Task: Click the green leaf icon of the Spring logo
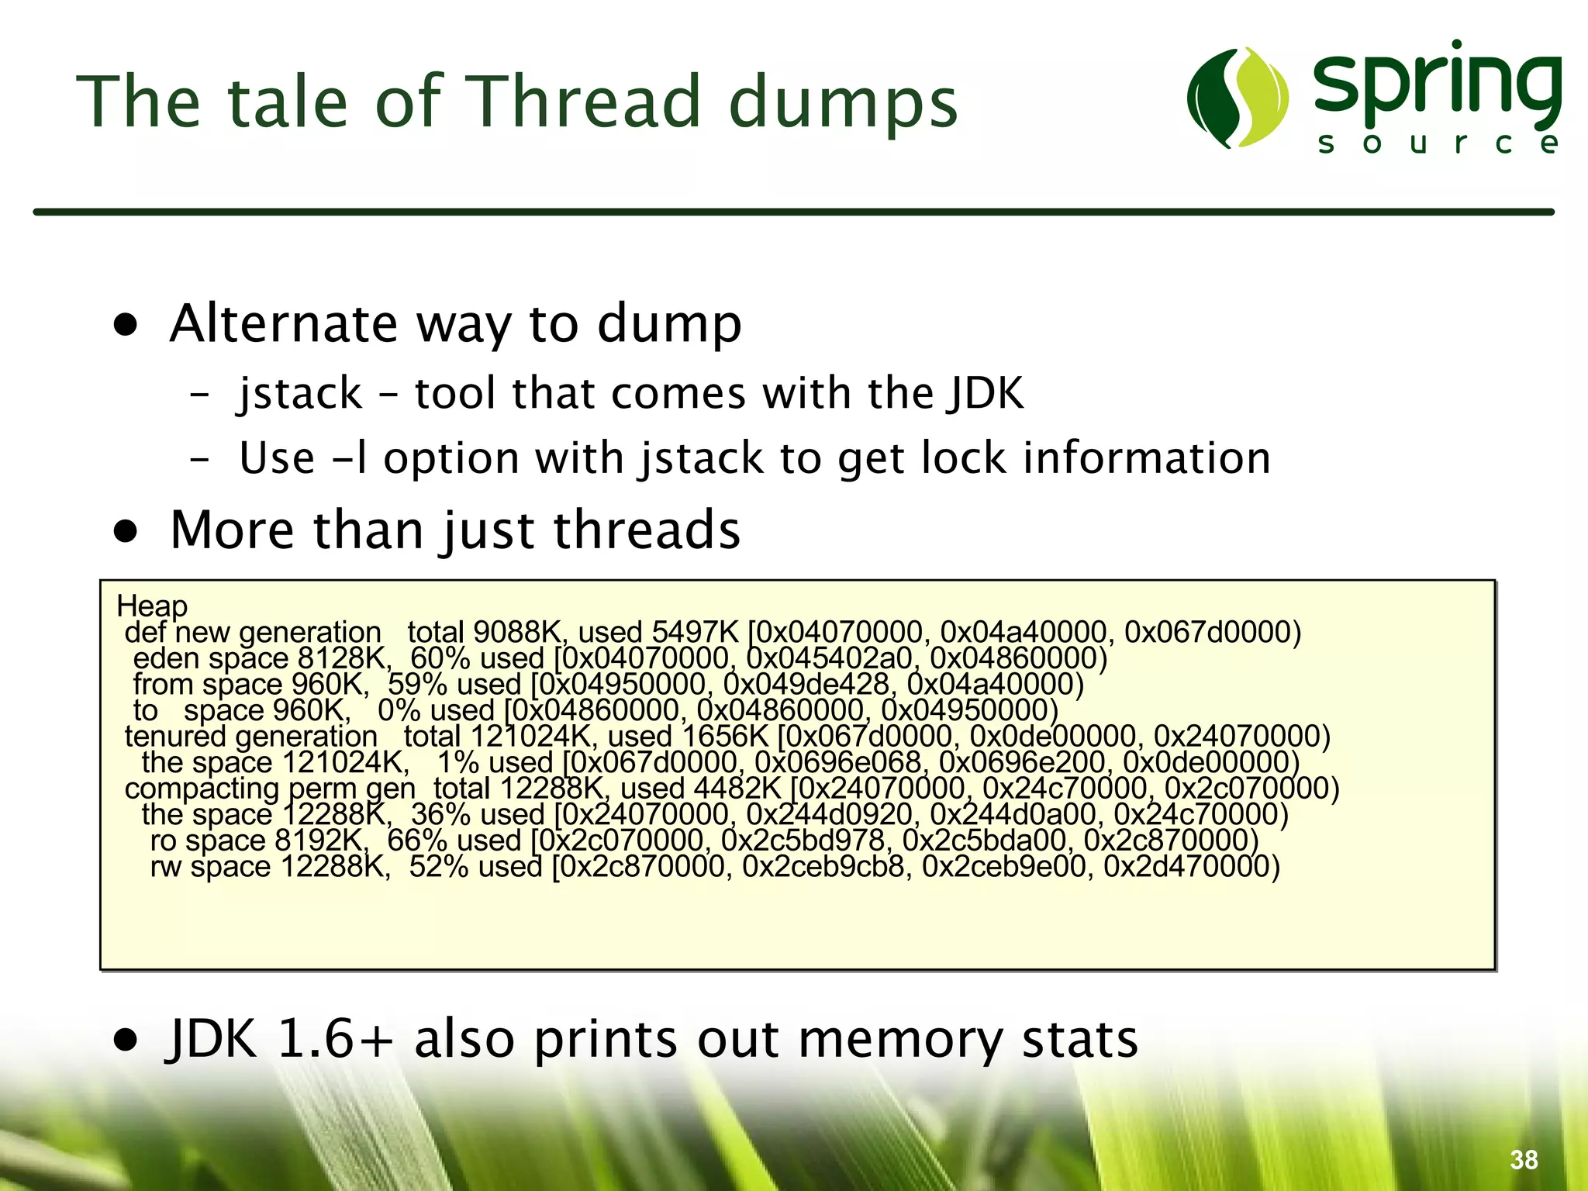coord(1238,97)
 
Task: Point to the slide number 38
coord(1524,1160)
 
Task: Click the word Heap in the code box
coord(152,606)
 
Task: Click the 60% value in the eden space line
coord(440,659)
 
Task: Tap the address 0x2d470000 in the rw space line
coord(1191,867)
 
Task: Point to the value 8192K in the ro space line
coord(321,841)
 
